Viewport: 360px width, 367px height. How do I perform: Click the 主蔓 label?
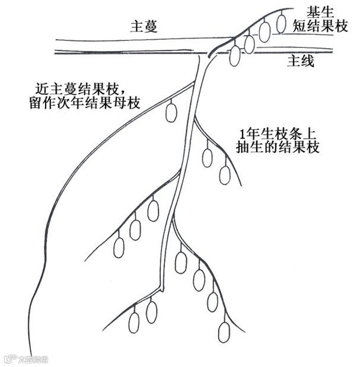click(144, 27)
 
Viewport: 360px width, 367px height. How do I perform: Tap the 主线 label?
click(301, 60)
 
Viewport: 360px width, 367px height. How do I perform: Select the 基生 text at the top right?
click(320, 12)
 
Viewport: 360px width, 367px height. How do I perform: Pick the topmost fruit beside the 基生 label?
click(282, 22)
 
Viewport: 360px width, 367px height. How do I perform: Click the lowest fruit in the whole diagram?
click(224, 331)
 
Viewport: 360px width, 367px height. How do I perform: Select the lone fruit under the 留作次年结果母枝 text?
click(171, 112)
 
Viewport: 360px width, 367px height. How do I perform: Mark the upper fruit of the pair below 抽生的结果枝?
click(207, 157)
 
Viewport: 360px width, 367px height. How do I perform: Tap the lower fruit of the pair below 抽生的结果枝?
click(225, 174)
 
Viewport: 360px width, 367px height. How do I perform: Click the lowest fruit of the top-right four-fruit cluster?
click(235, 55)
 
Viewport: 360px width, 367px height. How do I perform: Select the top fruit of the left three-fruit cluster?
click(153, 210)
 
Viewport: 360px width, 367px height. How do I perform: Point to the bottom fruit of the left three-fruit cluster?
click(119, 247)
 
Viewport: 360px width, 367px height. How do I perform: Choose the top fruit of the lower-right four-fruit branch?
click(180, 262)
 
